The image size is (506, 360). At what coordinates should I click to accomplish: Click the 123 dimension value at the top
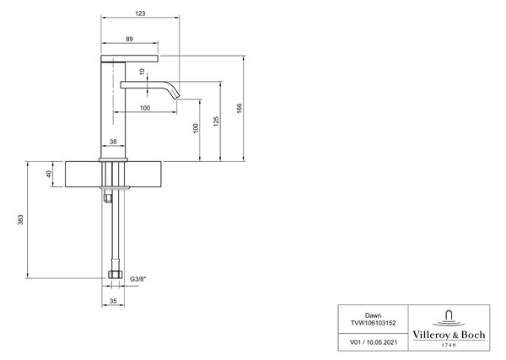(x=140, y=13)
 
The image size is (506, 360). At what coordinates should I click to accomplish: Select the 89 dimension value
(x=129, y=39)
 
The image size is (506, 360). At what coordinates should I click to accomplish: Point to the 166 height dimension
(x=240, y=108)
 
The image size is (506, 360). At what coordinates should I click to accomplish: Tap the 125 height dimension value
(x=216, y=121)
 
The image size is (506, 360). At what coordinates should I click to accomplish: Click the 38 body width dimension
(x=113, y=142)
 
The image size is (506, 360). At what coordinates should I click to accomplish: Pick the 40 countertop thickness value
(x=49, y=174)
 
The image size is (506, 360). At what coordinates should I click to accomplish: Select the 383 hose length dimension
(x=20, y=220)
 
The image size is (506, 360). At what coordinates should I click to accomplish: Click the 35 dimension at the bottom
(x=113, y=301)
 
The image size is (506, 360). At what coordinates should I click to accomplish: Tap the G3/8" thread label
(x=137, y=279)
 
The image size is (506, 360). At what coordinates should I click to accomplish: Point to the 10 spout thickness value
(x=143, y=72)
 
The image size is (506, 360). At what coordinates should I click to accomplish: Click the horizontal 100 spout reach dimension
(x=145, y=108)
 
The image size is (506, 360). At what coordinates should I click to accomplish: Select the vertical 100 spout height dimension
(x=196, y=128)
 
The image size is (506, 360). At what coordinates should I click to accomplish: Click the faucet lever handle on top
(x=129, y=58)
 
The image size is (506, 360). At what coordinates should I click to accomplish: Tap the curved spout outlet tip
(x=177, y=96)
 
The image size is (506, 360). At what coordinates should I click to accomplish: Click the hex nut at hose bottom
(x=115, y=275)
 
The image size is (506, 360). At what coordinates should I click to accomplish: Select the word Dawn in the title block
(x=373, y=315)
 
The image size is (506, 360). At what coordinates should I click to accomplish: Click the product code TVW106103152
(x=373, y=323)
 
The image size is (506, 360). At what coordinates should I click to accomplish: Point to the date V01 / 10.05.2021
(x=374, y=342)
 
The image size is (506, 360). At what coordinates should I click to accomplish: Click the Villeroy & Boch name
(x=449, y=335)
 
